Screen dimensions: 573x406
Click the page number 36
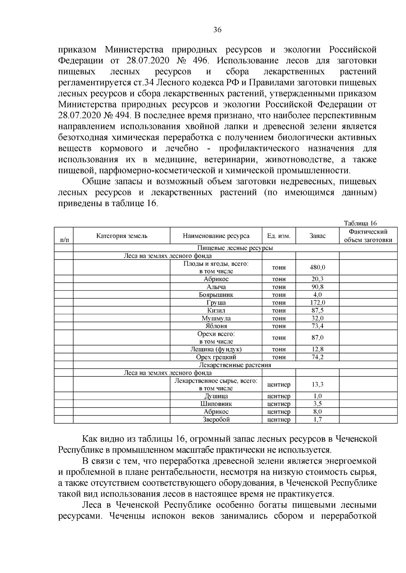point(217,30)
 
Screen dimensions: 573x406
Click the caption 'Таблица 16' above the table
point(360,223)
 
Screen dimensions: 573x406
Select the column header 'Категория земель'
point(122,236)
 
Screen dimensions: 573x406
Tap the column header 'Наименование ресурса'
point(216,236)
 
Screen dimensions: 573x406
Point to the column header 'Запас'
point(317,236)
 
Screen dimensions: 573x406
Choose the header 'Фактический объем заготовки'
point(368,236)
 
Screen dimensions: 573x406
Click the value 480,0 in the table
point(317,267)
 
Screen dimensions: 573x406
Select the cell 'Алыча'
point(216,287)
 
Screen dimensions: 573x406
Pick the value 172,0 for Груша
point(317,303)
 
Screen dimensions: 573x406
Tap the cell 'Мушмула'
point(216,318)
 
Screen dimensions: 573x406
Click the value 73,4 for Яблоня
point(317,326)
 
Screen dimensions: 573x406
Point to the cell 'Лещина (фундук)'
point(216,349)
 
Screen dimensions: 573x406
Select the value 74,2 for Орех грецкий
point(317,357)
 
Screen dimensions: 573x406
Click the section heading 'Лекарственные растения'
point(235,365)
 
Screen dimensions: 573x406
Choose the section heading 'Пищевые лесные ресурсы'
point(235,248)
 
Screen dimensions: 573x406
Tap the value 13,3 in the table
point(317,384)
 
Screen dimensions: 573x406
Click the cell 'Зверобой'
point(216,420)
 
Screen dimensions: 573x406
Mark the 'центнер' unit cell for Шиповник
point(279,404)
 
